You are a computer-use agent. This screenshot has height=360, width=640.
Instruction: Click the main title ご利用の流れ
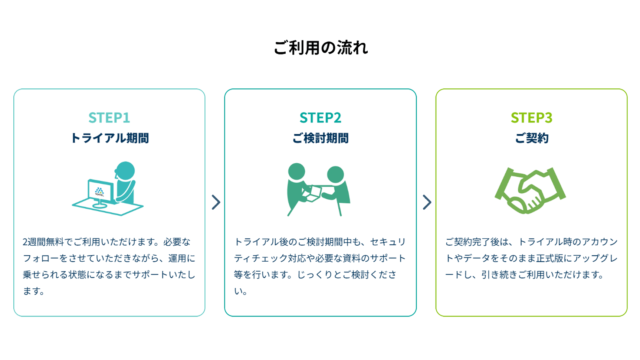[321, 48]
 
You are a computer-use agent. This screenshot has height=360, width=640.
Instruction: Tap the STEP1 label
[109, 118]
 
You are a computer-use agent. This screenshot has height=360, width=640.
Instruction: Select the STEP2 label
[320, 118]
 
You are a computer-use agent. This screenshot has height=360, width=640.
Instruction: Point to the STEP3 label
[531, 118]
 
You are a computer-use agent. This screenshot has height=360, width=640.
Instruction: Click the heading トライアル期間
[109, 138]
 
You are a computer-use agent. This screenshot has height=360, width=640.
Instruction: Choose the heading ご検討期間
[320, 138]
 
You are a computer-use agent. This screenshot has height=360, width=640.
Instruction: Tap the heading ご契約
[531, 138]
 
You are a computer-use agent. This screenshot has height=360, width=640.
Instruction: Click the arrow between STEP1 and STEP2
[216, 202]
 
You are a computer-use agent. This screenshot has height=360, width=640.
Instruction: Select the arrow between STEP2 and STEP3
[427, 202]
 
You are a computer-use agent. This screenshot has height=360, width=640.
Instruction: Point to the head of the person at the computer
[125, 171]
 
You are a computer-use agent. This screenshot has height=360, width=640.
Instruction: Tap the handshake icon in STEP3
[530, 190]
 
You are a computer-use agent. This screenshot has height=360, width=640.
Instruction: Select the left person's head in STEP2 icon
[296, 171]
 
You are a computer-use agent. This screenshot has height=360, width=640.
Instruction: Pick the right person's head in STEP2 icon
[335, 174]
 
